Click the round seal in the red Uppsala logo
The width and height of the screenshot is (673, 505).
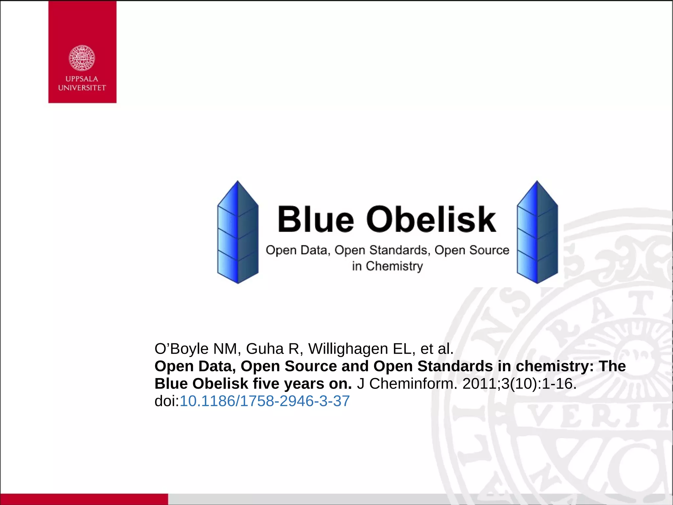click(82, 58)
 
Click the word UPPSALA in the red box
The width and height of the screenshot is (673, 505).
click(82, 79)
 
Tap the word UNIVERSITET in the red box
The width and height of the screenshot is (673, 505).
click(82, 88)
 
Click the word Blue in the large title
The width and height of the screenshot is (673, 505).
click(315, 219)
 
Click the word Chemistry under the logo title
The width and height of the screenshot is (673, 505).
click(394, 266)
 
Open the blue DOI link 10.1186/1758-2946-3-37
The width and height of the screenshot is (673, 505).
click(265, 401)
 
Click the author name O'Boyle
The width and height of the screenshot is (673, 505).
click(181, 349)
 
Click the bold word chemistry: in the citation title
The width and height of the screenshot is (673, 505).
click(555, 366)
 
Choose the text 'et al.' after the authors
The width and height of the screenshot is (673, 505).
click(437, 349)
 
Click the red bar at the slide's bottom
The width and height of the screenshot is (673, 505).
click(84, 499)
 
